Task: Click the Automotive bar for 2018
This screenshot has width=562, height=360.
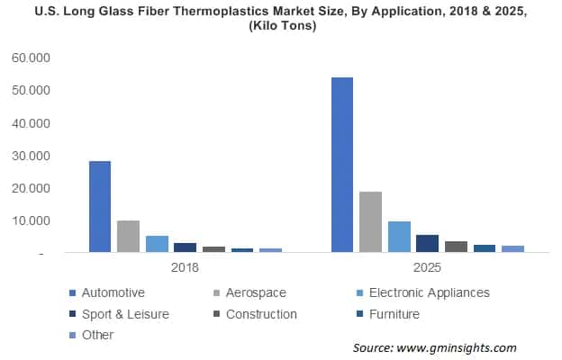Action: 100,207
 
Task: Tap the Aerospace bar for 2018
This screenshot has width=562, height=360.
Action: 128,237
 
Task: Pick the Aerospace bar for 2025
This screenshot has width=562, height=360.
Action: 370,221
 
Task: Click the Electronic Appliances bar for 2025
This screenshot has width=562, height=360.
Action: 399,237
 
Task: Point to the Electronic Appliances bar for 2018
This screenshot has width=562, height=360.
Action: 157,244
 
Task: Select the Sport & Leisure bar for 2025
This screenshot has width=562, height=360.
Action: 427,244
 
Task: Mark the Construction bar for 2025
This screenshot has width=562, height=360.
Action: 456,247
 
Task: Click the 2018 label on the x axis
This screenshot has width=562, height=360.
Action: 185,268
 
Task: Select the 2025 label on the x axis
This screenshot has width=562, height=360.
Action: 427,268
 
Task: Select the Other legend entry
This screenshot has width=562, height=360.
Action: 97,335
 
